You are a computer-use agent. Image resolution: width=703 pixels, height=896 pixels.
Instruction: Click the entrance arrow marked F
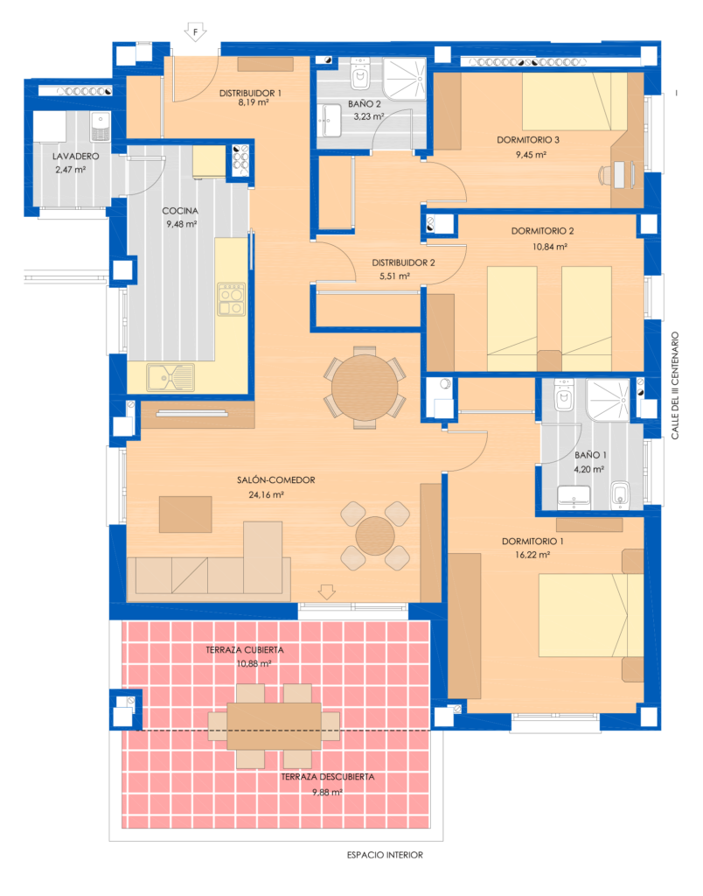[195, 32]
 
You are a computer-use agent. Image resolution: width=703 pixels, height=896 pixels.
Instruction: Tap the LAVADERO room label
[75, 156]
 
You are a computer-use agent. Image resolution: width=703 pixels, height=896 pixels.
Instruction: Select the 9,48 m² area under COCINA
[182, 224]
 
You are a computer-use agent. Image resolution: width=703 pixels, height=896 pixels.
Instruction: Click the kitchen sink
[171, 378]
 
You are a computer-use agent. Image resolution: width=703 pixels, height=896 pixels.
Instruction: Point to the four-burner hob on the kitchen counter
[232, 300]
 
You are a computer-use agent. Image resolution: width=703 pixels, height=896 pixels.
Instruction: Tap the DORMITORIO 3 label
[527, 139]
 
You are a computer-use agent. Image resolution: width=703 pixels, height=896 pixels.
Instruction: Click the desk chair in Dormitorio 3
[606, 175]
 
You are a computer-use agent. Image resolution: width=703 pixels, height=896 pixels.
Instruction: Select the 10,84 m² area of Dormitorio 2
[549, 247]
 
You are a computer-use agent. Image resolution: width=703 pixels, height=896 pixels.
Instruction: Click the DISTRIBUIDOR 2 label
[403, 262]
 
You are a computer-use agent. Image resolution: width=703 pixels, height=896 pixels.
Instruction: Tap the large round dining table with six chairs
[365, 388]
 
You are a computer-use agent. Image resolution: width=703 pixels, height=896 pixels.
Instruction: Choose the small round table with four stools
[375, 536]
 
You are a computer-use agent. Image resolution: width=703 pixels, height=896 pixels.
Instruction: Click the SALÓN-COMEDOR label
[275, 480]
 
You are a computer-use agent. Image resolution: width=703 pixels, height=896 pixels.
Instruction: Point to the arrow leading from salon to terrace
[327, 591]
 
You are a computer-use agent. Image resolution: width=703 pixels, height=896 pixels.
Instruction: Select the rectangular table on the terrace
[275, 725]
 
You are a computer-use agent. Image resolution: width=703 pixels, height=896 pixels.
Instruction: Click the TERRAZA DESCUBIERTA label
[327, 777]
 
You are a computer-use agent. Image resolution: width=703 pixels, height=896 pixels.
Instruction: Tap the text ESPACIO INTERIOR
[385, 855]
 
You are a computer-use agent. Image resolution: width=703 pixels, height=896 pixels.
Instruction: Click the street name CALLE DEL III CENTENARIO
[675, 386]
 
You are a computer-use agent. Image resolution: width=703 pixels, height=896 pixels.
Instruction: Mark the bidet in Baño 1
[620, 495]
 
